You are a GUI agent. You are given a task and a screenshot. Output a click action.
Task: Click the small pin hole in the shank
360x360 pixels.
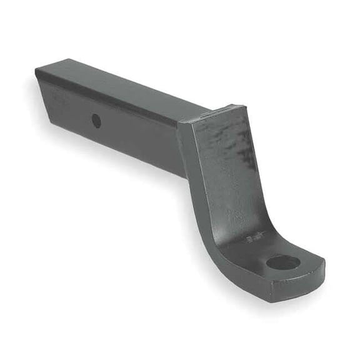96,121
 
